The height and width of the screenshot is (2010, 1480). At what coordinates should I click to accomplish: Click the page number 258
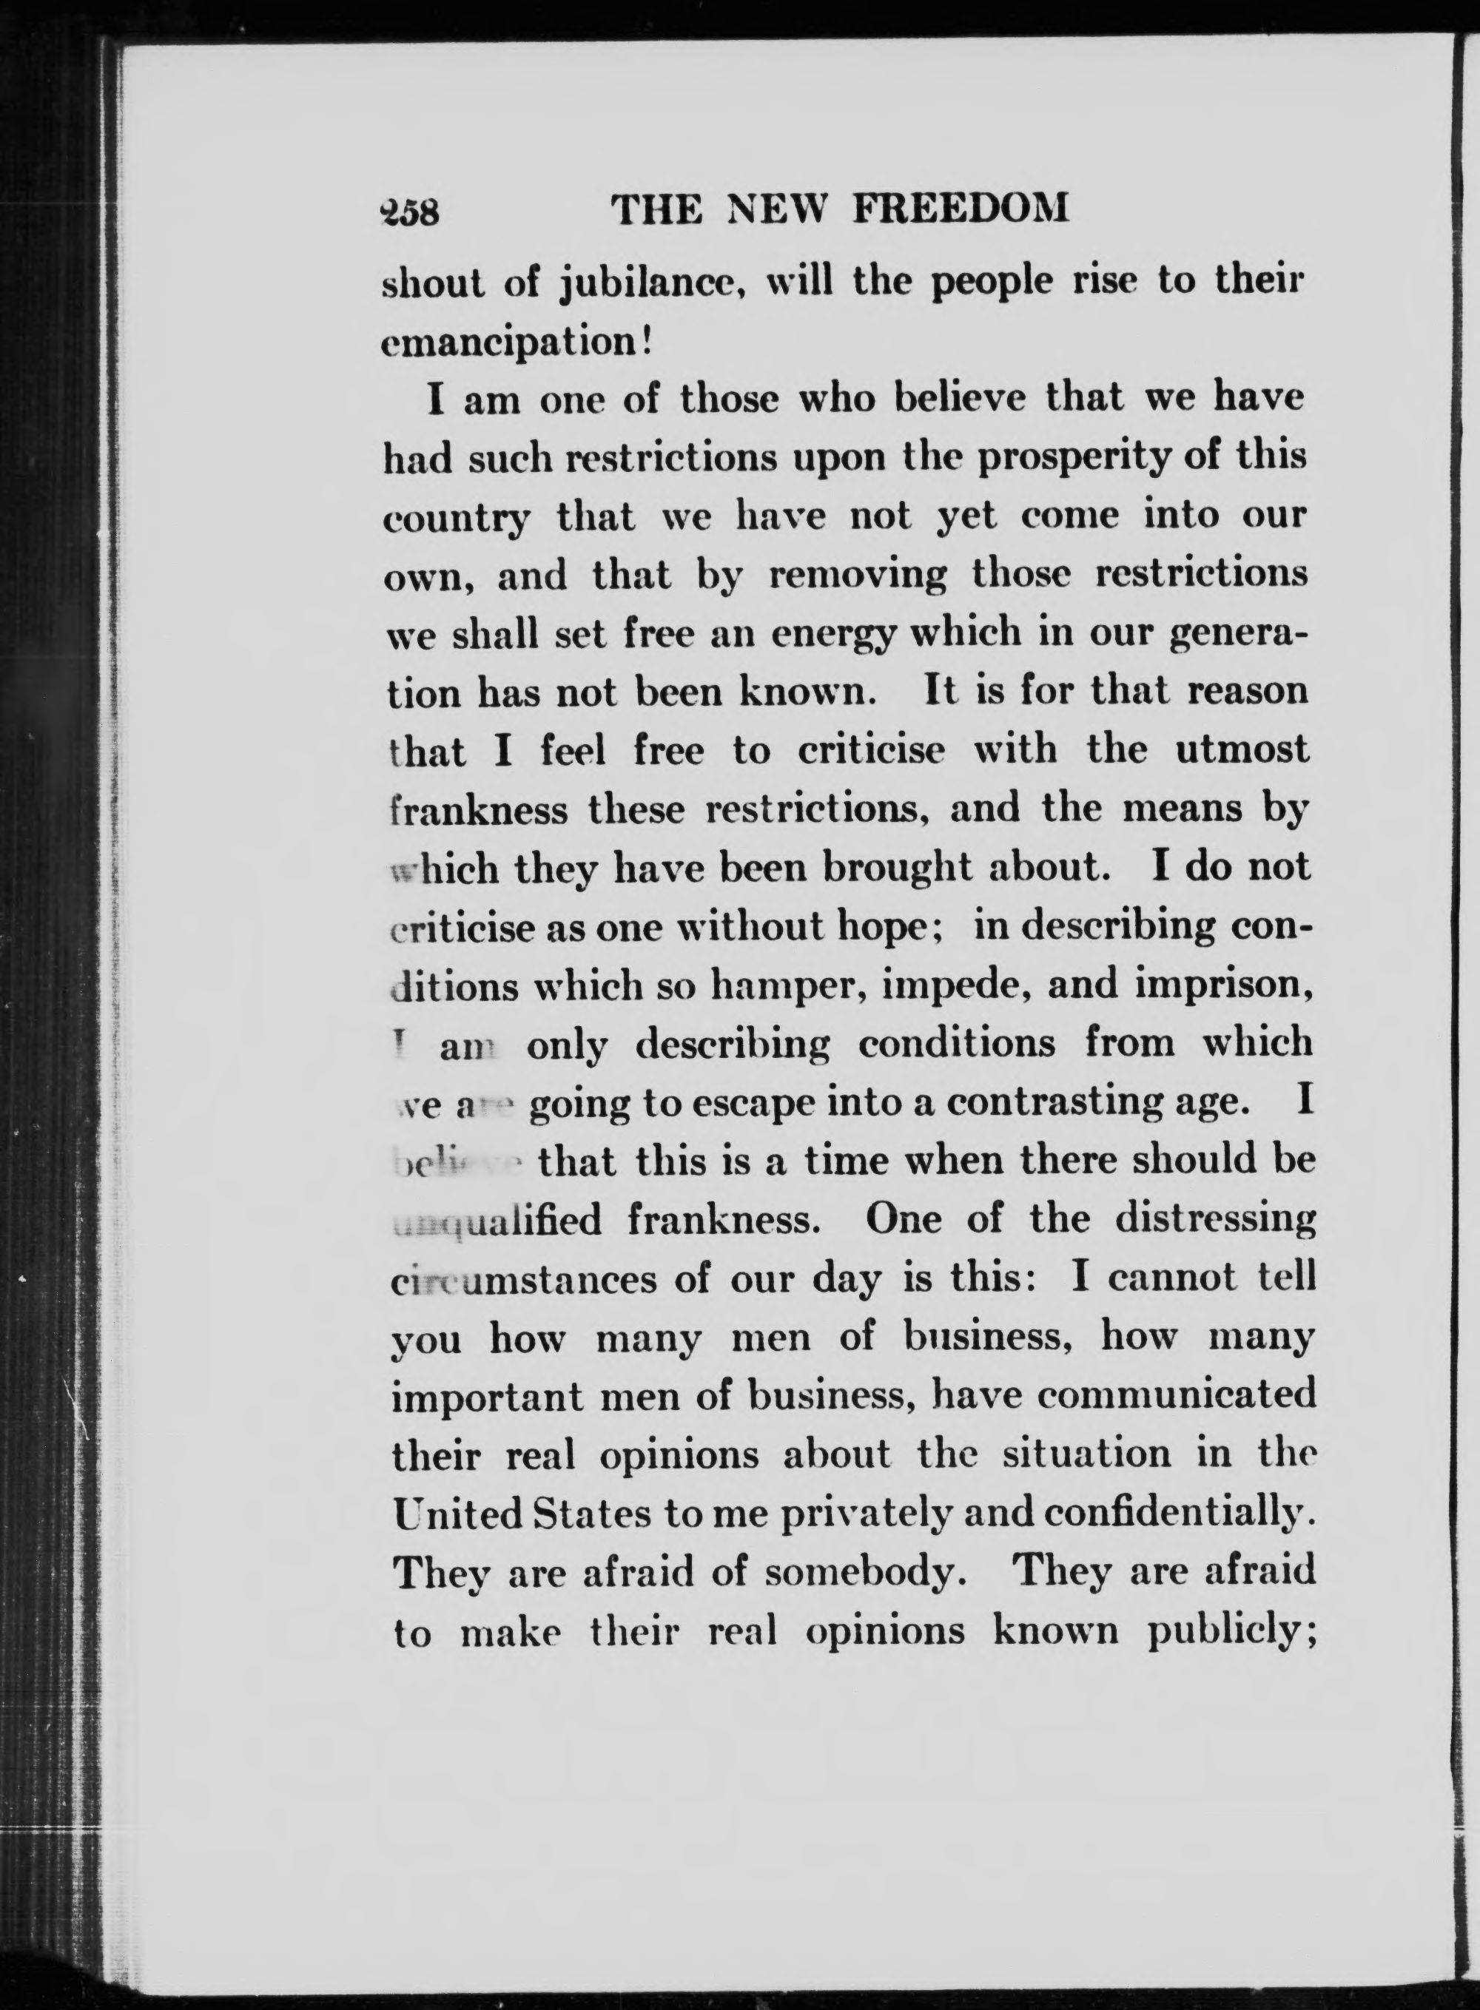(408, 212)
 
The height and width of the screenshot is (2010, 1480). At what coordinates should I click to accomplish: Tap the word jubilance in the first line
(650, 286)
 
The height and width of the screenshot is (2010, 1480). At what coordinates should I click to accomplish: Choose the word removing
(858, 575)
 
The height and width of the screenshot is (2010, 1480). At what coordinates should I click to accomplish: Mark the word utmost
(1242, 749)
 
